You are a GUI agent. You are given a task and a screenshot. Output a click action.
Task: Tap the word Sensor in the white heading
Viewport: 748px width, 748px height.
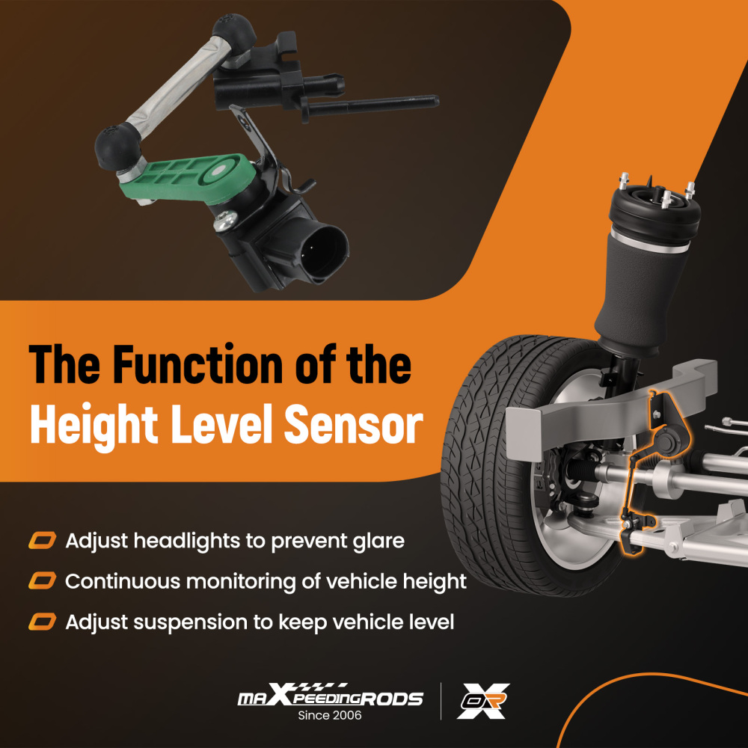tap(354, 424)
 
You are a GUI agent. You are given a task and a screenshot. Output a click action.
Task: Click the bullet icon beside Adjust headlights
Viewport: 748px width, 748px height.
tap(42, 541)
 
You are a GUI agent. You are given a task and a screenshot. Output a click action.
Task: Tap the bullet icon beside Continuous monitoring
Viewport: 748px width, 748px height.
tap(42, 581)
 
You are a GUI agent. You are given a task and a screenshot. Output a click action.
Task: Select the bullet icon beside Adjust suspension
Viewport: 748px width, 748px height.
tap(42, 622)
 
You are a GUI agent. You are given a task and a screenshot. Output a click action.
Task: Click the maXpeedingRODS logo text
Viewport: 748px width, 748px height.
tap(330, 696)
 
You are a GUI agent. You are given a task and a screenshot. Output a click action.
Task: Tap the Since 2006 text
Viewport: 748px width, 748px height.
tap(330, 716)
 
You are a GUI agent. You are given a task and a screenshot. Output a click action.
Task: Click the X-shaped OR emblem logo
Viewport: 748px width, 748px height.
tap(482, 701)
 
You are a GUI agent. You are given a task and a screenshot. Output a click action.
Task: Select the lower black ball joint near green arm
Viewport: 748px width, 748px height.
tap(117, 146)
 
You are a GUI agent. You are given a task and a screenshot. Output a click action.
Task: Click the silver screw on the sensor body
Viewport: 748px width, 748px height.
tap(225, 220)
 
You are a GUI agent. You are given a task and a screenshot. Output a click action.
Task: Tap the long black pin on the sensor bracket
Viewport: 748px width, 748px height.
tap(372, 105)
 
